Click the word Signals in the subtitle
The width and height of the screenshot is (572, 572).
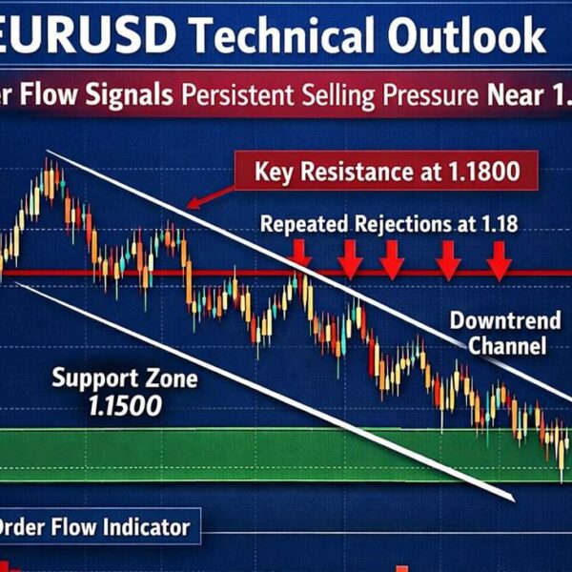(128, 96)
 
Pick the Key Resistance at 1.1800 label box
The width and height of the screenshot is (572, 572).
(386, 173)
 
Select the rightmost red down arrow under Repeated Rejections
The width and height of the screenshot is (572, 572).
(498, 256)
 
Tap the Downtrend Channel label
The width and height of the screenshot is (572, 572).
(495, 332)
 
